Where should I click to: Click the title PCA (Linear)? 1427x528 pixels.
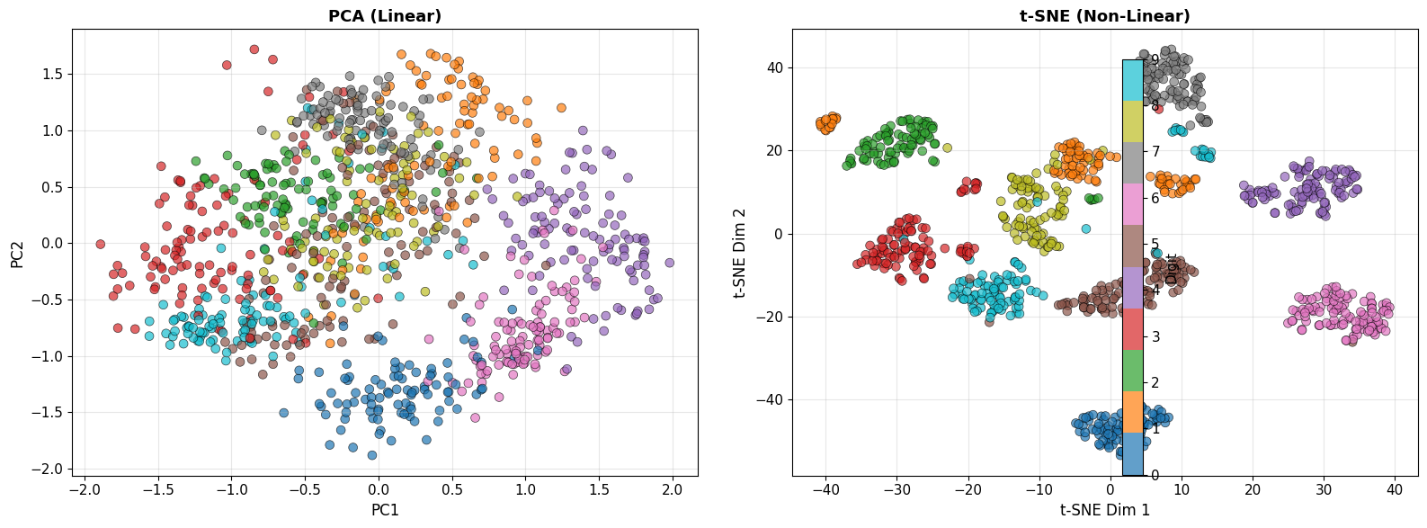pyautogui.click(x=385, y=16)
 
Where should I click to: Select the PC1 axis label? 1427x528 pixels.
pyautogui.click(x=385, y=510)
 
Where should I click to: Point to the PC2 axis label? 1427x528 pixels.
pyautogui.click(x=17, y=252)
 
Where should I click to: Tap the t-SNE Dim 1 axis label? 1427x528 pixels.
pyautogui.click(x=1105, y=510)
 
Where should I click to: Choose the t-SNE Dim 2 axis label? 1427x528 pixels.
pyautogui.click(x=739, y=252)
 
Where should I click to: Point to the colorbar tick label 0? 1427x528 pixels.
pyautogui.click(x=1155, y=475)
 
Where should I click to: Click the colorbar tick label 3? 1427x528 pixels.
pyautogui.click(x=1155, y=336)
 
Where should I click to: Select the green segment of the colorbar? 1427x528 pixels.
pyautogui.click(x=1133, y=371)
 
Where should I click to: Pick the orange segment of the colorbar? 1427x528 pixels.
pyautogui.click(x=1133, y=412)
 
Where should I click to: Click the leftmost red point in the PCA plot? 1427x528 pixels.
pyautogui.click(x=101, y=244)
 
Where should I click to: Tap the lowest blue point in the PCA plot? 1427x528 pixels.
pyautogui.click(x=371, y=455)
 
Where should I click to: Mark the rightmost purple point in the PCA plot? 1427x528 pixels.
pyautogui.click(x=669, y=263)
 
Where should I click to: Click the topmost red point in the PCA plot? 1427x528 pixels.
pyautogui.click(x=254, y=49)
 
